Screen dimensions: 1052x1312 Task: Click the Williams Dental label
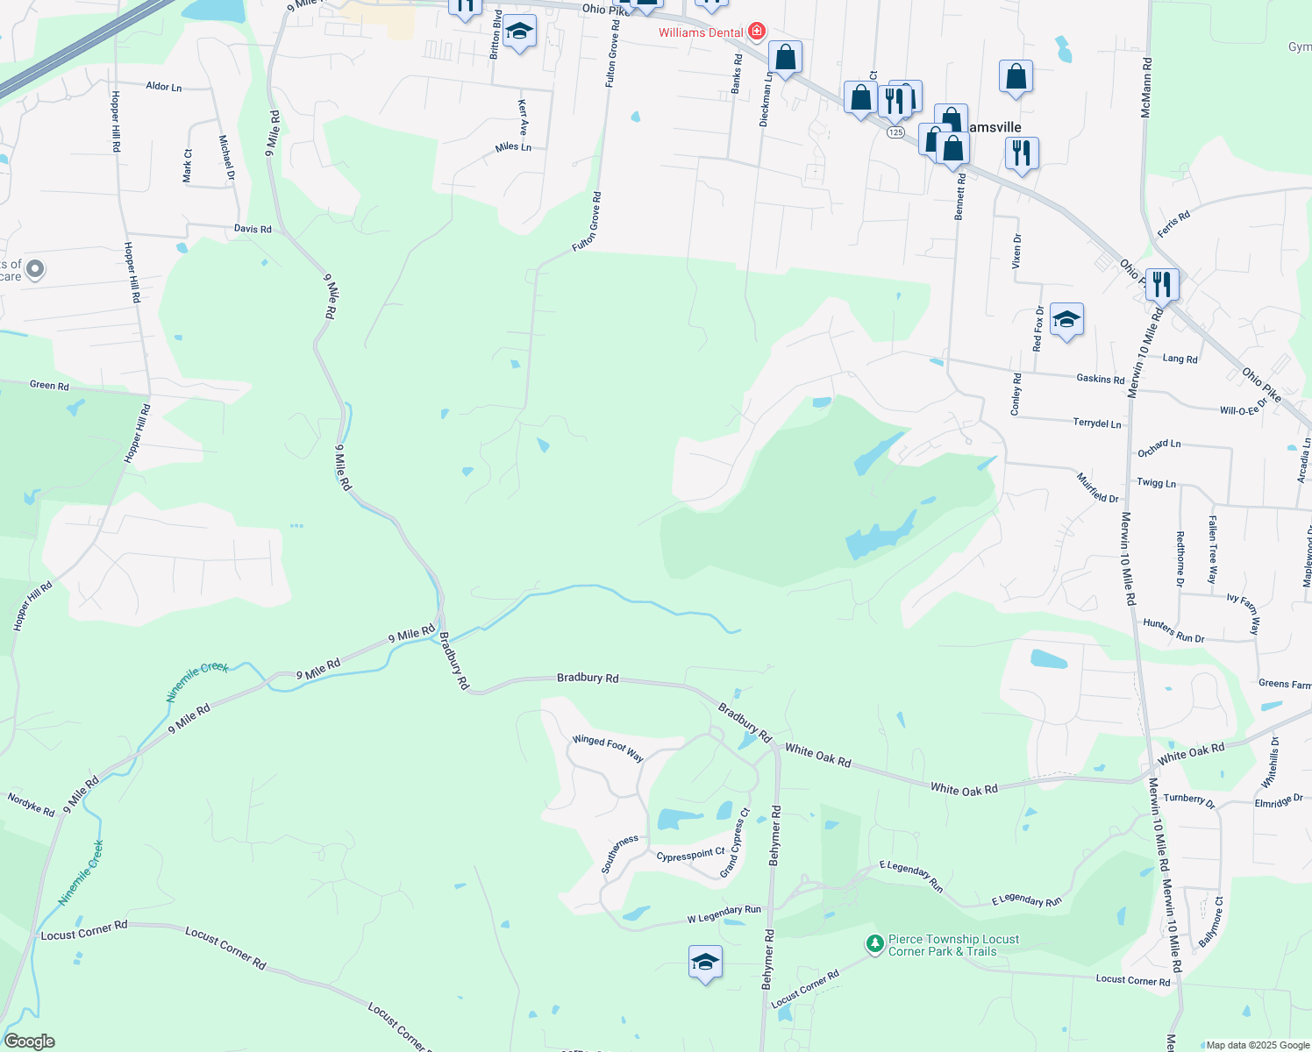click(x=701, y=32)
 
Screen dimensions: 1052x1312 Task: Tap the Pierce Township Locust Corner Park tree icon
click(x=874, y=944)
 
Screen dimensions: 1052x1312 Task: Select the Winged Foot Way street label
click(x=608, y=748)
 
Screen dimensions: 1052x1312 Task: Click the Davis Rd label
click(x=253, y=229)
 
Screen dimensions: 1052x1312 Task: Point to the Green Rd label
click(x=49, y=385)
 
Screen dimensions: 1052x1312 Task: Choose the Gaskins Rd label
click(x=1100, y=379)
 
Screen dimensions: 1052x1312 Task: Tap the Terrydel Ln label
click(x=1097, y=423)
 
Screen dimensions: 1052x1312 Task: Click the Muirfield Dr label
click(x=1097, y=487)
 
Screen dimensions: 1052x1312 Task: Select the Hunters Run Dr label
click(x=1173, y=630)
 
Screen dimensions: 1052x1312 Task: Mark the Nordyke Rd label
click(x=31, y=804)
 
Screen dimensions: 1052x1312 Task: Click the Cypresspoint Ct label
click(x=691, y=855)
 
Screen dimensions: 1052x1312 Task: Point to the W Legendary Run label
click(x=724, y=914)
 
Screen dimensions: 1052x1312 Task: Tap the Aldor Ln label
click(x=164, y=86)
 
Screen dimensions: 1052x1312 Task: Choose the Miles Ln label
click(x=513, y=147)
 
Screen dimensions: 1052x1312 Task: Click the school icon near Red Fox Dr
click(x=1066, y=320)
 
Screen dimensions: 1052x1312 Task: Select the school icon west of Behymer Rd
click(x=705, y=963)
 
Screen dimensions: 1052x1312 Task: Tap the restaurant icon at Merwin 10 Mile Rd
click(x=1161, y=284)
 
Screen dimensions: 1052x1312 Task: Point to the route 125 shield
click(x=895, y=132)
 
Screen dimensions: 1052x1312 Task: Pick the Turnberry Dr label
click(x=1189, y=800)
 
